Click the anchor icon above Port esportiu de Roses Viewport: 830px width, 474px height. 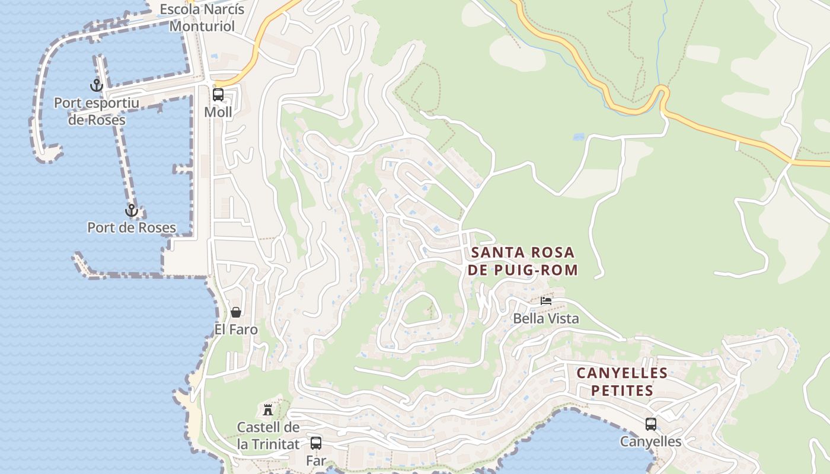click(x=97, y=85)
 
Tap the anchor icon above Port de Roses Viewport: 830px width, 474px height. click(x=131, y=210)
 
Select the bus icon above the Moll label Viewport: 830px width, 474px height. click(x=218, y=94)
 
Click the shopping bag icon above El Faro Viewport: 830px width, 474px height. click(x=236, y=312)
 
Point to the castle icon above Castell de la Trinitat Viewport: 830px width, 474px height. click(x=268, y=409)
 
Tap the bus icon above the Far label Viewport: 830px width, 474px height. click(x=316, y=443)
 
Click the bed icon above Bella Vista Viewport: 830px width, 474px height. click(x=546, y=301)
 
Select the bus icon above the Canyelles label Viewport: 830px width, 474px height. click(x=651, y=424)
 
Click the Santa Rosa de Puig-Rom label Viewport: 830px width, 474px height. click(x=522, y=261)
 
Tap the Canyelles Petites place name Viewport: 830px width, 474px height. click(x=622, y=382)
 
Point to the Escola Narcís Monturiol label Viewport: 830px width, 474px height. click(x=202, y=18)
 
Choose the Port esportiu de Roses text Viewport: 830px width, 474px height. click(x=97, y=111)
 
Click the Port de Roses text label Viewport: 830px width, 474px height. click(x=132, y=228)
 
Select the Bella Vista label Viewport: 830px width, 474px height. click(x=546, y=319)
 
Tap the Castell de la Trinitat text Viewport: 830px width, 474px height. click(x=268, y=435)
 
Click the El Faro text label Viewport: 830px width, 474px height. click(x=236, y=329)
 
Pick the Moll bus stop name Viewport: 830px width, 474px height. click(x=218, y=112)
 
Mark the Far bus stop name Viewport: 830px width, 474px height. click(x=316, y=460)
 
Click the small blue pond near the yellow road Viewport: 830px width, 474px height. click(x=579, y=137)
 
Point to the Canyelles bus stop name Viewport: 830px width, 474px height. click(x=651, y=442)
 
